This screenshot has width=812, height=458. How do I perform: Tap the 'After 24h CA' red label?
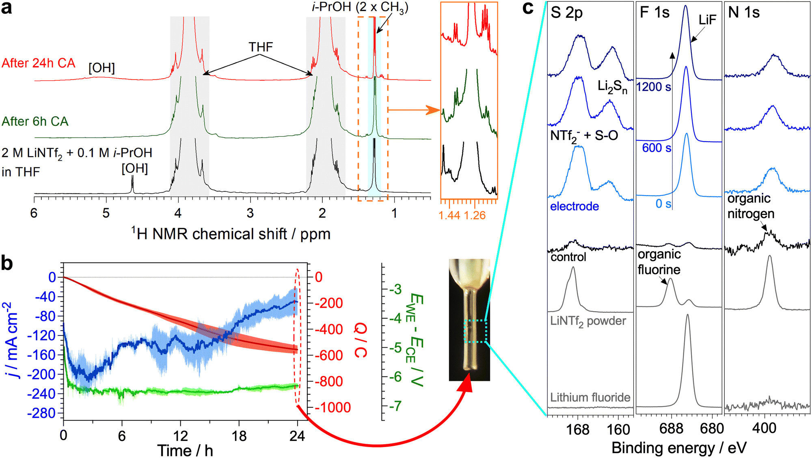[x=38, y=63]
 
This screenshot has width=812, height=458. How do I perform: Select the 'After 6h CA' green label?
[x=35, y=121]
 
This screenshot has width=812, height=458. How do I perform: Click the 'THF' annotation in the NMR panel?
[x=261, y=47]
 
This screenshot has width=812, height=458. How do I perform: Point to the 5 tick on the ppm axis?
[x=106, y=213]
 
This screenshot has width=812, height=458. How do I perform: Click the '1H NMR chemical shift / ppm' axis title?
[x=230, y=234]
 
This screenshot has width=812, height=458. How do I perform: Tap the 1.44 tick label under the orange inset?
[x=450, y=215]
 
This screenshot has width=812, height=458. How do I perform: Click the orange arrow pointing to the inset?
[x=414, y=110]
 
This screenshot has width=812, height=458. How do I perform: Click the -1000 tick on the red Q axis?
[x=332, y=407]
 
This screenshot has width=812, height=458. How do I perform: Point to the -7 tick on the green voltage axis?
[x=395, y=406]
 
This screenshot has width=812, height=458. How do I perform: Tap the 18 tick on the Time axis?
[x=239, y=436]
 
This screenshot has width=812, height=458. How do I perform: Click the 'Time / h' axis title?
[x=185, y=451]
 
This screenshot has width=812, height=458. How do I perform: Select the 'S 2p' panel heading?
[x=566, y=13]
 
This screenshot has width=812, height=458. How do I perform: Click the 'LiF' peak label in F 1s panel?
[x=707, y=19]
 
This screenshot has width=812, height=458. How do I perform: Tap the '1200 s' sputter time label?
[x=653, y=87]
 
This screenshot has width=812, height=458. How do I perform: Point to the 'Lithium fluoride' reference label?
[x=590, y=398]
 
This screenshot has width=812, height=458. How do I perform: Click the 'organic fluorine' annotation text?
[x=659, y=262]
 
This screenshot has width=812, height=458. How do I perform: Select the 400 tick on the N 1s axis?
[x=764, y=428]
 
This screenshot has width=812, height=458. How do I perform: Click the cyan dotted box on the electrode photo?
[x=475, y=331]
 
